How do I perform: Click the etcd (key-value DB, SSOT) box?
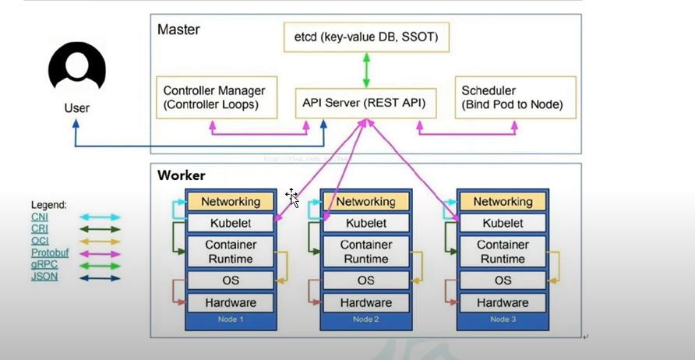coord(366,37)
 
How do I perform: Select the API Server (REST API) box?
coord(365,103)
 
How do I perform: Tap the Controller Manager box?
coord(217,97)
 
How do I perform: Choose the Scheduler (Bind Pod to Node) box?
coord(515,97)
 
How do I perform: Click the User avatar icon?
coord(76,68)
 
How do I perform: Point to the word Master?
coord(178,30)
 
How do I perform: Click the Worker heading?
coord(181,175)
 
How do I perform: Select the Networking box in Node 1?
coord(231,201)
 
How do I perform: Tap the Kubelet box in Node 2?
coord(365,223)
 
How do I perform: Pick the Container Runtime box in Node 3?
coord(503,251)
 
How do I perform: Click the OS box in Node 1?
coord(231,280)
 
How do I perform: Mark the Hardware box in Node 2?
coord(365,302)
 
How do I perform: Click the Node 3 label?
coord(503,319)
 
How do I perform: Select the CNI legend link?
coord(40,217)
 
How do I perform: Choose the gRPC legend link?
coord(44,265)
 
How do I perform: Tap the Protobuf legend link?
coord(50,253)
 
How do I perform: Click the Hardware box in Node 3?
coord(503,302)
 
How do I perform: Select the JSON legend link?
coord(44,277)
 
